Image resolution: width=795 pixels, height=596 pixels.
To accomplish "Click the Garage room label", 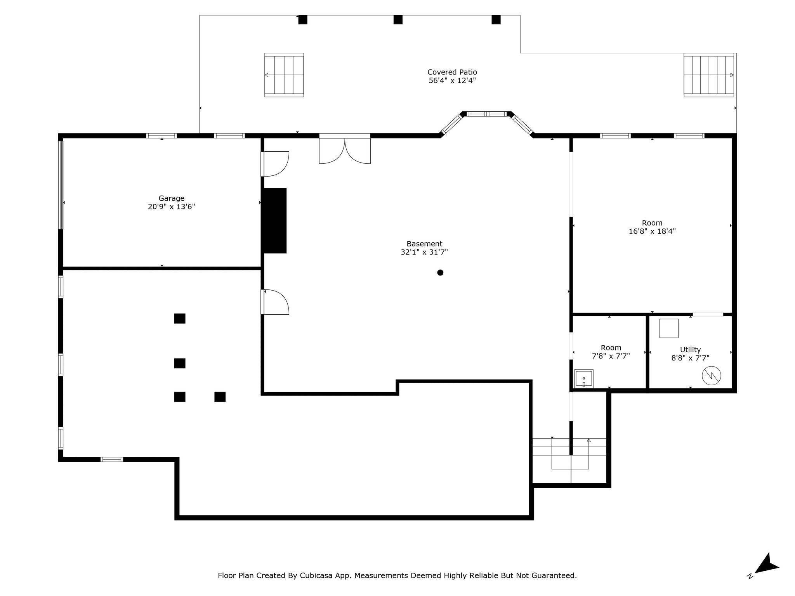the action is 171,198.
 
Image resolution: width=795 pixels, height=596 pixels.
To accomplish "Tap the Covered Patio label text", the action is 452,72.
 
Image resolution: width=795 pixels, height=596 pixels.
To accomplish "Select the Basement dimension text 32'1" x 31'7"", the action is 424,252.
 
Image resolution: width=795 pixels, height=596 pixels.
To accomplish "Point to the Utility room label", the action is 690,350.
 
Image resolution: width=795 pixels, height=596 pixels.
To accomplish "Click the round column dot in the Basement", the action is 440,272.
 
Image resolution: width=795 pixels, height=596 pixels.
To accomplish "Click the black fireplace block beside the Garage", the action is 275,220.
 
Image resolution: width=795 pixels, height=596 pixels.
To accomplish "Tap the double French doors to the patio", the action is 345,149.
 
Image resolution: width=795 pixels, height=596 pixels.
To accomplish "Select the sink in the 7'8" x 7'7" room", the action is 584,379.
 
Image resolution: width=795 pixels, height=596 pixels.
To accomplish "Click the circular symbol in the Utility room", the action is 711,375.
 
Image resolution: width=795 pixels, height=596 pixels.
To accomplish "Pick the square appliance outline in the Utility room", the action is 669,328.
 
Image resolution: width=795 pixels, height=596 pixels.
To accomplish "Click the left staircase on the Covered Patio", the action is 284,75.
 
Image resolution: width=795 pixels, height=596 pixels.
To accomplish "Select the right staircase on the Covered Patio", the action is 709,75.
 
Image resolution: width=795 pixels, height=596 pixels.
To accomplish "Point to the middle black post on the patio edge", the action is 398,19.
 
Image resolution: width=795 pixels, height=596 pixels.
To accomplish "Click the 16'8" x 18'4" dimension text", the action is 652,231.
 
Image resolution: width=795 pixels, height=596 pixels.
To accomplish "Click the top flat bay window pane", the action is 487,114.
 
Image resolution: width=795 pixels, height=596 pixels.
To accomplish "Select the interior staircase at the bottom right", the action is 569,460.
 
